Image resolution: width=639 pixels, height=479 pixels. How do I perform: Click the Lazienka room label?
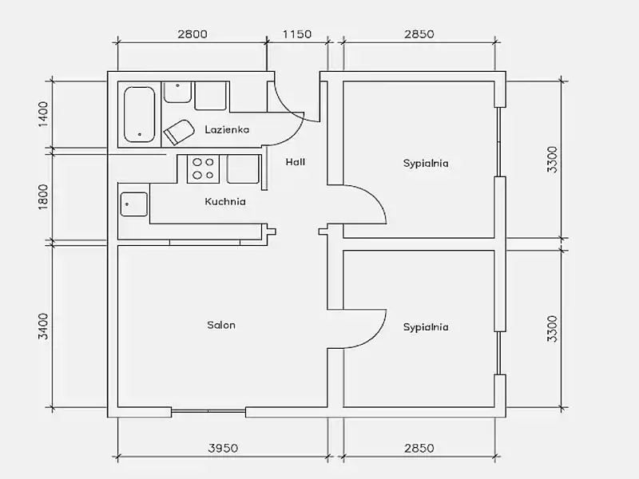pyautogui.click(x=227, y=129)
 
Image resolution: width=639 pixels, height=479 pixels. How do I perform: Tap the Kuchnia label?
pyautogui.click(x=225, y=201)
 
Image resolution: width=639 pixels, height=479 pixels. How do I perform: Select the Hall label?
pyautogui.click(x=295, y=162)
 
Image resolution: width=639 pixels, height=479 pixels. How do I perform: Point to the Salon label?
pyautogui.click(x=221, y=325)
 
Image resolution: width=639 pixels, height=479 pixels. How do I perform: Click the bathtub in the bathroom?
pyautogui.click(x=139, y=114)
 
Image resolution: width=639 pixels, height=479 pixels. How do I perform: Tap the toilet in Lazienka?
pyautogui.click(x=178, y=132)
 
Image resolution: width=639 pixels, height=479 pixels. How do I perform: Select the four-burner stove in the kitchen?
pyautogui.click(x=203, y=168)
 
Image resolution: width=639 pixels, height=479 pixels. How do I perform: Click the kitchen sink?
pyautogui.click(x=134, y=204)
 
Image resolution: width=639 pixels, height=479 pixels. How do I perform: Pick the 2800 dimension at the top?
pyautogui.click(x=192, y=34)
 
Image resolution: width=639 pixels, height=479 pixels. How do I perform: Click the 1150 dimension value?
pyautogui.click(x=297, y=34)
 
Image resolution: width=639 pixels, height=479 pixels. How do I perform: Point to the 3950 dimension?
pyautogui.click(x=223, y=448)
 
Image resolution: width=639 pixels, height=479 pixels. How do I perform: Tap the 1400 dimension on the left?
pyautogui.click(x=43, y=114)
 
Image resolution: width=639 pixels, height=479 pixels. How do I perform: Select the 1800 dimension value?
pyautogui.click(x=43, y=197)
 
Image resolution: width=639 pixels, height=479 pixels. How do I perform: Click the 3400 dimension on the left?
pyautogui.click(x=43, y=326)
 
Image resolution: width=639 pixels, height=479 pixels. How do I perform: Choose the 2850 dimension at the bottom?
pyautogui.click(x=419, y=448)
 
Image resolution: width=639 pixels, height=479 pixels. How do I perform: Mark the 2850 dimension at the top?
pyautogui.click(x=419, y=34)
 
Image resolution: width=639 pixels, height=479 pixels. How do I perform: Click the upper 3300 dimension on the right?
pyautogui.click(x=552, y=160)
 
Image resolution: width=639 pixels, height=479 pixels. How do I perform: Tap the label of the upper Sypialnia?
pyautogui.click(x=426, y=164)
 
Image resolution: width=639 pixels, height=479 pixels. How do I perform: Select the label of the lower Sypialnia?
pyautogui.click(x=426, y=327)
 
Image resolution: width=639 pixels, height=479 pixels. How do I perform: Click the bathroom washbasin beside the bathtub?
pyautogui.click(x=177, y=92)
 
